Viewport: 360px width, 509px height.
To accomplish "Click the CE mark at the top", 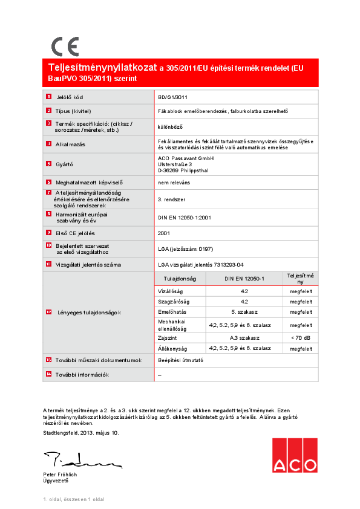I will (65, 47).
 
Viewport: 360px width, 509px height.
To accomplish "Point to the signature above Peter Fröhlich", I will (82, 460).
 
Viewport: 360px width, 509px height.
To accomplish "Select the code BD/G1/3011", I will (172, 97).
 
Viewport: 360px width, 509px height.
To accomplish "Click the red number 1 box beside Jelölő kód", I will (49, 97).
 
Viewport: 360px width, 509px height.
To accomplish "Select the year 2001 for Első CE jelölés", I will (164, 233).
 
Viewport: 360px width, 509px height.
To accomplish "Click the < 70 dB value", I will (301, 337).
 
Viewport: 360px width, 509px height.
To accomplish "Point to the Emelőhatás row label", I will (171, 311).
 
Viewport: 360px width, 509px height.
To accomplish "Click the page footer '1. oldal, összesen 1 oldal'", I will (74, 499).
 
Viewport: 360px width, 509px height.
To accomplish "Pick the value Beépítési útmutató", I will (180, 360).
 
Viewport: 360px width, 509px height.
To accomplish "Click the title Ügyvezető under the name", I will (56, 481).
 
